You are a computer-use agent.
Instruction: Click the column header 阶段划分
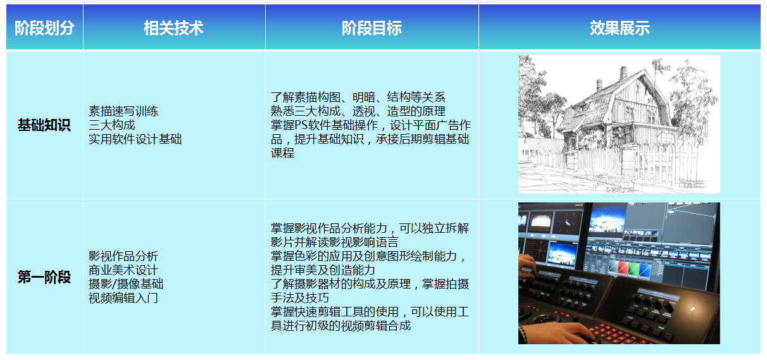pos(44,28)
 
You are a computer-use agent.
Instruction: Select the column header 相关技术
pos(173,28)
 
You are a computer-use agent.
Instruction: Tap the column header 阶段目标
pos(372,28)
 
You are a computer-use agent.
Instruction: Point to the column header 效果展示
pos(620,28)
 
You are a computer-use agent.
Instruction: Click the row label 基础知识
pos(44,125)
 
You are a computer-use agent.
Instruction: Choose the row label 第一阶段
pos(44,277)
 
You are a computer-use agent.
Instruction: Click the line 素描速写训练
pos(123,111)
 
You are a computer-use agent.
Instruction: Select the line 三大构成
pos(111,125)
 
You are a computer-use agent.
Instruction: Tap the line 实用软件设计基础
pos(135,139)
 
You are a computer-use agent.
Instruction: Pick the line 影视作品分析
pos(123,256)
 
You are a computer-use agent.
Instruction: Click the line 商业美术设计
pos(123,270)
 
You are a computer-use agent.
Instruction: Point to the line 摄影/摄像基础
pos(126,284)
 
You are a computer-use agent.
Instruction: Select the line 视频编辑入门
pos(123,298)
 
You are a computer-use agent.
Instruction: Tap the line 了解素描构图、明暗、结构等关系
pos(358,97)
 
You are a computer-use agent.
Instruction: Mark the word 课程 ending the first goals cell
pos(282,153)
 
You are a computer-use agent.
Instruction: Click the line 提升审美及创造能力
pos(323,270)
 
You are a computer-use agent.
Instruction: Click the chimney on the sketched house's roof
pos(623,73)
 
